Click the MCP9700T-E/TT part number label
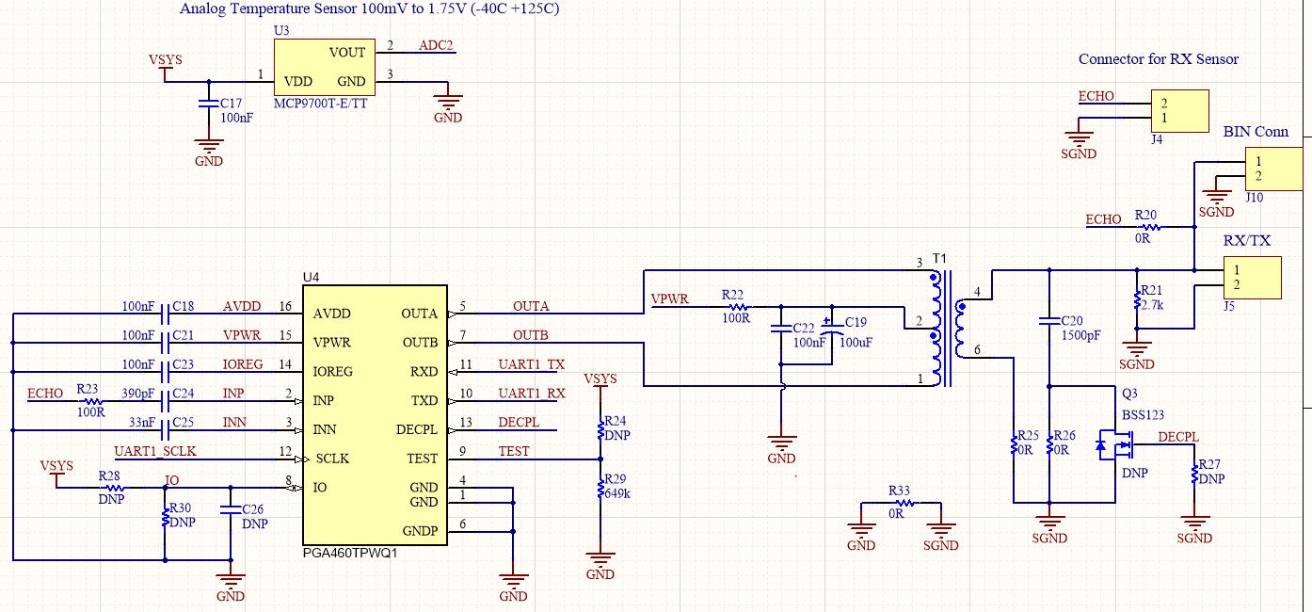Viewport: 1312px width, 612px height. (x=320, y=104)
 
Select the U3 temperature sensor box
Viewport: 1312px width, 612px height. (x=325, y=67)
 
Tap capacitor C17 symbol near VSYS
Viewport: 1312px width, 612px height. (x=209, y=104)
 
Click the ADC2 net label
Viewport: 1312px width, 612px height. (x=436, y=45)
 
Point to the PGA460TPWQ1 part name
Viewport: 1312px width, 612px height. (x=350, y=553)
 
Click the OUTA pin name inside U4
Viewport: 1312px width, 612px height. (x=420, y=314)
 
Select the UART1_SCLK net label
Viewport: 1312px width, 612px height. (x=155, y=451)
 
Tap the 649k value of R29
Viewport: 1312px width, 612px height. (x=617, y=493)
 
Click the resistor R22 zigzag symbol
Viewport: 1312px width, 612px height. (x=738, y=307)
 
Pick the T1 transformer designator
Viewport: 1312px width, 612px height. (x=939, y=259)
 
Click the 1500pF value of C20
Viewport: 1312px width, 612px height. (x=1080, y=335)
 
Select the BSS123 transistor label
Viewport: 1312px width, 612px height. (x=1143, y=415)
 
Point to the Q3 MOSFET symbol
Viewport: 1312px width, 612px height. (x=1115, y=445)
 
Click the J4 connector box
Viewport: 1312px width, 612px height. (x=1179, y=111)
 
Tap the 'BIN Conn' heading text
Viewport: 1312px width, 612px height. (x=1256, y=131)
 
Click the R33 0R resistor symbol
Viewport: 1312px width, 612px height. (x=904, y=503)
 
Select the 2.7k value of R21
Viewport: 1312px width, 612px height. (x=1151, y=305)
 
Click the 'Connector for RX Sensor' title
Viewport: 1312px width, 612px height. (x=1159, y=58)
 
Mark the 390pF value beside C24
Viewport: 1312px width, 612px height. (x=138, y=394)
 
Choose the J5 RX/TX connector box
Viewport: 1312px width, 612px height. (x=1253, y=278)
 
